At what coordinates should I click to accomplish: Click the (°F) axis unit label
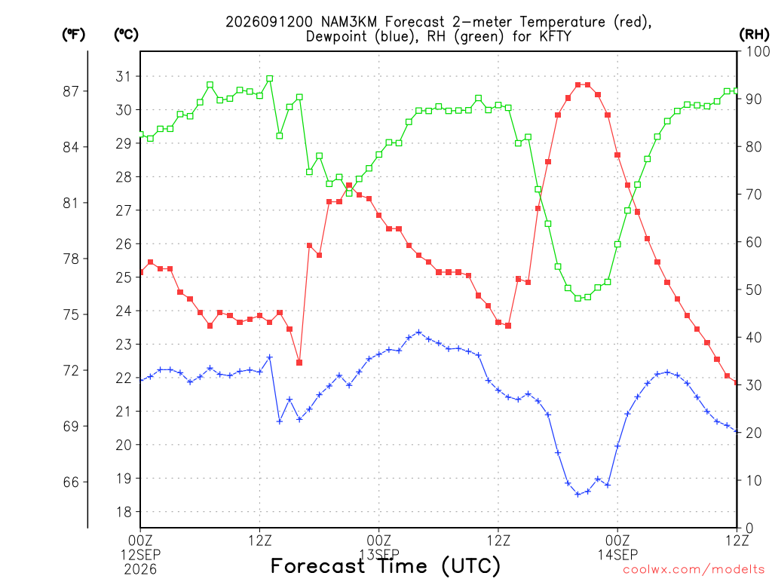[73, 35]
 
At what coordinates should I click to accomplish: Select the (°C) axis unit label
[126, 35]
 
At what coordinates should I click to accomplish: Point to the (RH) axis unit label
[754, 35]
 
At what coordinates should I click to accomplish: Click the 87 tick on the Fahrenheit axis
[71, 91]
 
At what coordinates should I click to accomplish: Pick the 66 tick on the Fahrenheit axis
[71, 482]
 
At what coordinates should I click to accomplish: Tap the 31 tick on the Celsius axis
[124, 76]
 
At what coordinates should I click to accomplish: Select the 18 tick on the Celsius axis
[124, 512]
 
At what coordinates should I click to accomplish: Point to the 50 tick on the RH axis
[754, 290]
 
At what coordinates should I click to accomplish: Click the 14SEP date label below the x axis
[618, 555]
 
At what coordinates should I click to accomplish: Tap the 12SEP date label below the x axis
[141, 555]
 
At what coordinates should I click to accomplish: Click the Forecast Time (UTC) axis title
[385, 566]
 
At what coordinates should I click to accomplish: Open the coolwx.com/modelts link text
[694, 570]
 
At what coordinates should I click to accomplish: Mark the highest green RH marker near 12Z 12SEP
[269, 78]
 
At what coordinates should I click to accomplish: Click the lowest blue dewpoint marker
[577, 495]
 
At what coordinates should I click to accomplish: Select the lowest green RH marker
[577, 299]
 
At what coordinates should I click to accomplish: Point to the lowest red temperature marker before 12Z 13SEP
[299, 363]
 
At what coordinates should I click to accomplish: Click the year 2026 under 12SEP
[141, 570]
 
